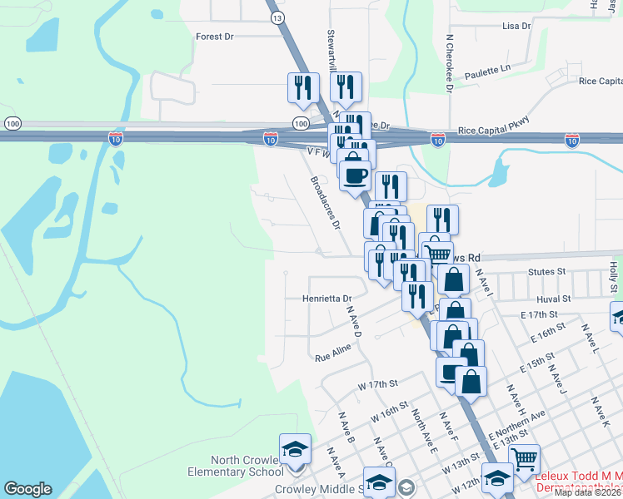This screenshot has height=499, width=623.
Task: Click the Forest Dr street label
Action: [215, 37]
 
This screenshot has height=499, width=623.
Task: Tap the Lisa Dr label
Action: [516, 27]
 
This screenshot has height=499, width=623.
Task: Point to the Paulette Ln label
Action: [487, 71]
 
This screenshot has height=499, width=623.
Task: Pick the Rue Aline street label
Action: [333, 354]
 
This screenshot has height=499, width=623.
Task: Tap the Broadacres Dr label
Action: [325, 202]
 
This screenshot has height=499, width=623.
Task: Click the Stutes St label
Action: [546, 272]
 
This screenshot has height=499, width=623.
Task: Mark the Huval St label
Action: [553, 298]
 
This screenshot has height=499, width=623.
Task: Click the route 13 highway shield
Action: [277, 17]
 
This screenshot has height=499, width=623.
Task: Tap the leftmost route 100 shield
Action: [12, 123]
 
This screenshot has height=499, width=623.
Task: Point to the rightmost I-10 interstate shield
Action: [571, 141]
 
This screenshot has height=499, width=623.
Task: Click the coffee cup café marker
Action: [356, 175]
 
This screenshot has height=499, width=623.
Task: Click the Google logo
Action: [27, 489]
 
